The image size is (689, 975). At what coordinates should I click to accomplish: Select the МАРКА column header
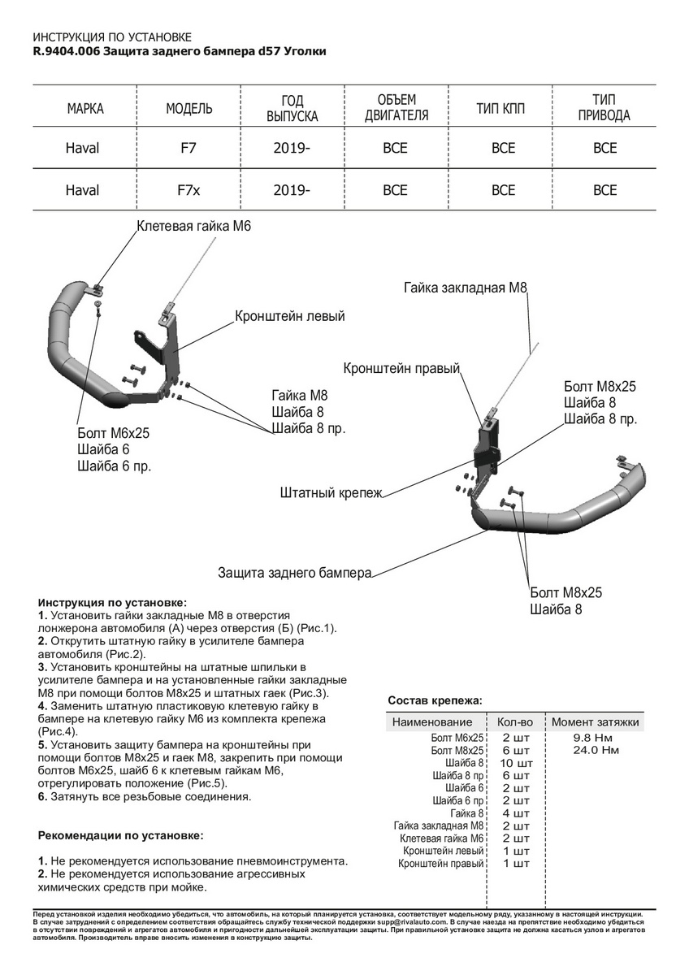click(85, 109)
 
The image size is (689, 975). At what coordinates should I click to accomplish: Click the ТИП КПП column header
click(503, 109)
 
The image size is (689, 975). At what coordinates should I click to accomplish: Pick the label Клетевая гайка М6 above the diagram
click(194, 227)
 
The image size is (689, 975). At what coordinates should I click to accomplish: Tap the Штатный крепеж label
click(331, 492)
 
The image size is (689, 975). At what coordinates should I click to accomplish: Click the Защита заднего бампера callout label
click(294, 573)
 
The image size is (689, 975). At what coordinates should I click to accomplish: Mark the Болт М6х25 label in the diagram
click(114, 433)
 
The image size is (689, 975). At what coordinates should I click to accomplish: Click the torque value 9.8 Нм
click(594, 737)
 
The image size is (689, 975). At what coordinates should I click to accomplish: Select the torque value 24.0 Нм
click(596, 750)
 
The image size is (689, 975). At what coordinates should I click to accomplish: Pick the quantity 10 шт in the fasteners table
click(516, 763)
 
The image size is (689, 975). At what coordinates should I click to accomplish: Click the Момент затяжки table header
click(595, 721)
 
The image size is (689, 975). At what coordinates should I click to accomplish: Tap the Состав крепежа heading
click(435, 700)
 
